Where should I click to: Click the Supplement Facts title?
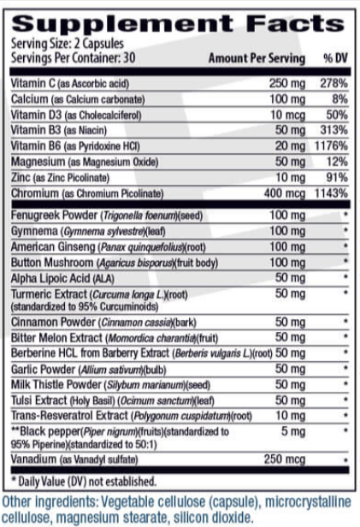[180, 21]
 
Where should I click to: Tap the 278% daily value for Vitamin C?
[334, 83]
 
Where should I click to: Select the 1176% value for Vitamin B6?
[331, 145]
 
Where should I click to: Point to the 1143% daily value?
[331, 192]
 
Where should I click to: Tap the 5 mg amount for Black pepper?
[292, 432]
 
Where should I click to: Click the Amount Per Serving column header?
[257, 58]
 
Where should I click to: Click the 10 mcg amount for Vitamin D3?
[287, 114]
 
